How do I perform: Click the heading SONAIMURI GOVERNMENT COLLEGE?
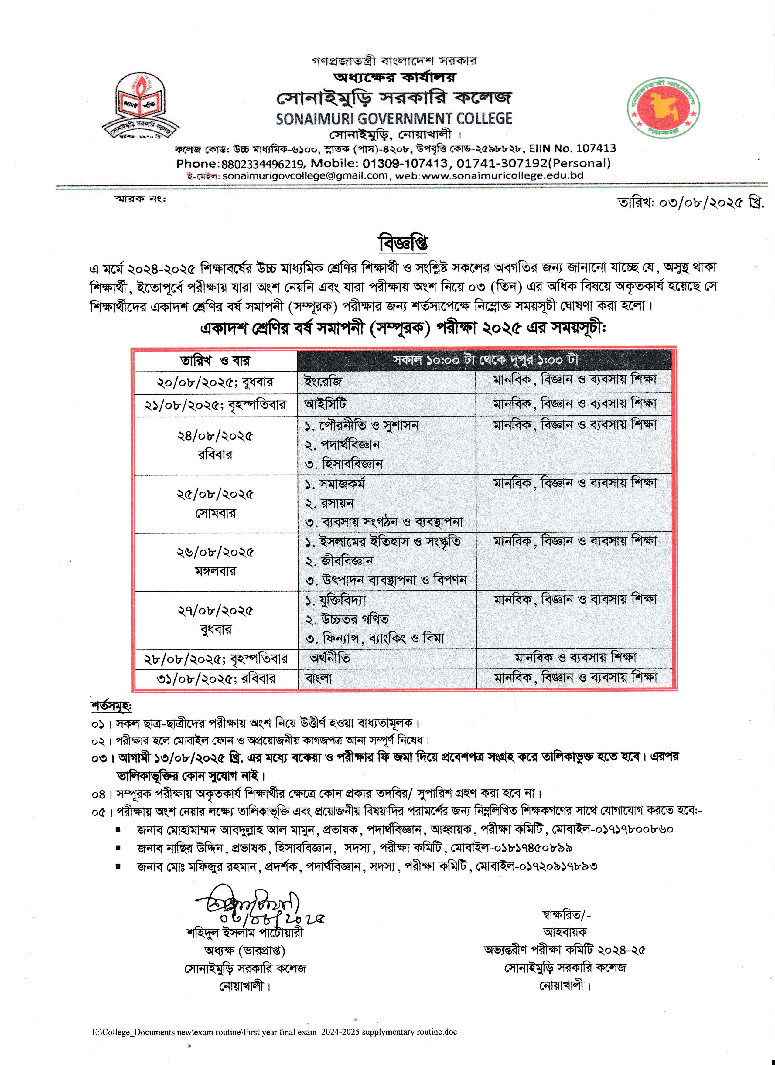(x=394, y=118)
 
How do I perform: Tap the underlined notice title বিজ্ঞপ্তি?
(x=403, y=243)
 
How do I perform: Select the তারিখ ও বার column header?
(x=215, y=361)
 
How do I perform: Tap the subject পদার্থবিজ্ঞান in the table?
(x=350, y=444)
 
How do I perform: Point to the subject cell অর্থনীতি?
(x=330, y=658)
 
